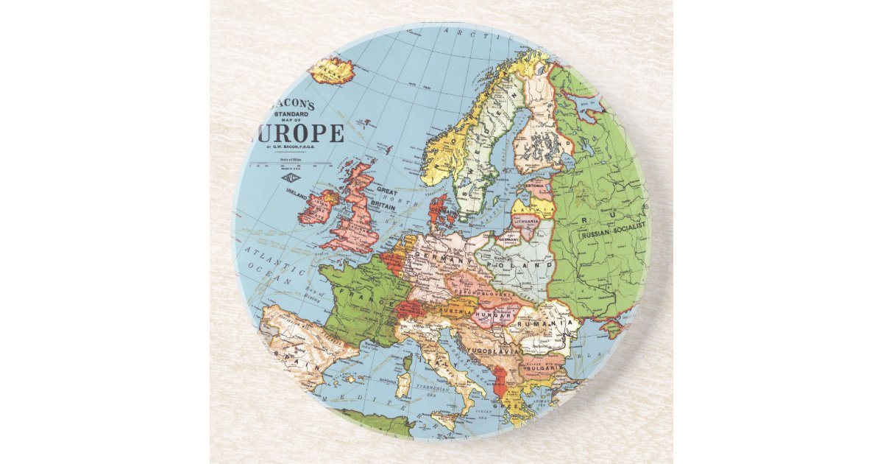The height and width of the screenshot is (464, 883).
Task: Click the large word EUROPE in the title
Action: tap(298, 134)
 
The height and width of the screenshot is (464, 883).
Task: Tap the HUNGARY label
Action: tap(492, 316)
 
